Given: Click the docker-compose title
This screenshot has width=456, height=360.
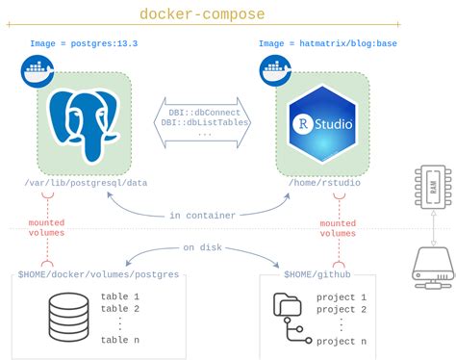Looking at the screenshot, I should (201, 14).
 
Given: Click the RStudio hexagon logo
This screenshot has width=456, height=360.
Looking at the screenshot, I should (324, 119).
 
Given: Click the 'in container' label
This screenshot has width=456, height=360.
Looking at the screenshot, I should (203, 215).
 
